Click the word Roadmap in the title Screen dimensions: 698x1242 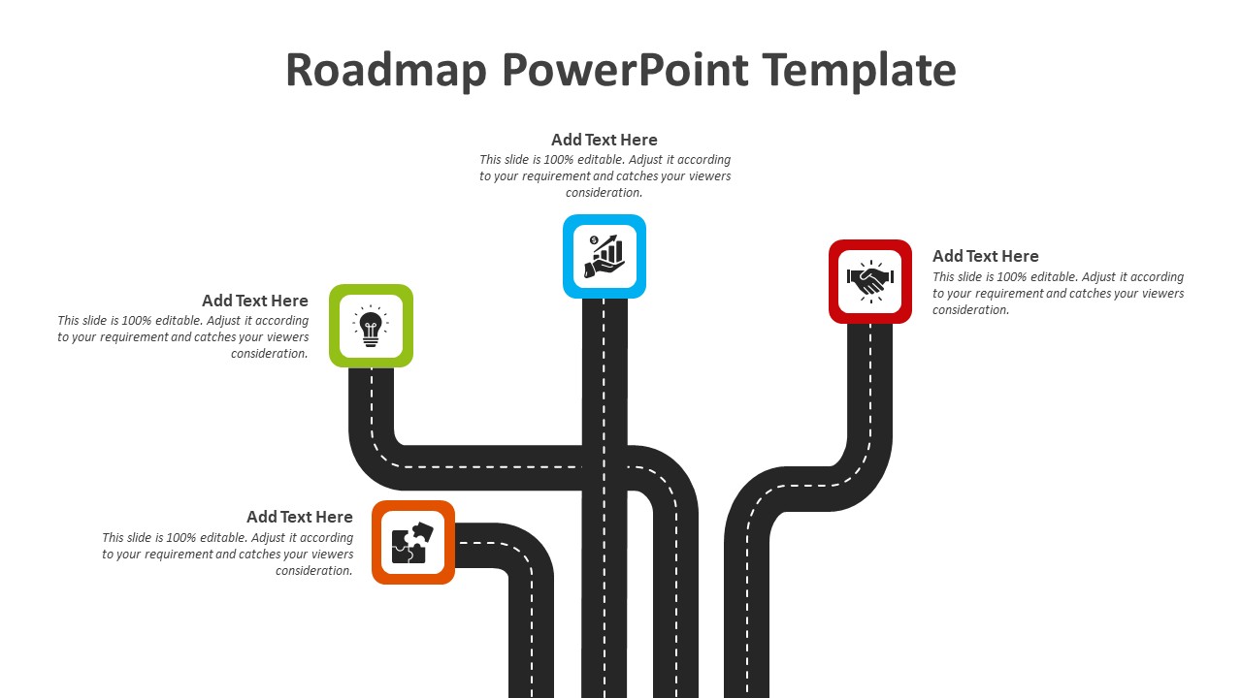click(x=384, y=71)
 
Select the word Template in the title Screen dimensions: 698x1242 click(x=859, y=71)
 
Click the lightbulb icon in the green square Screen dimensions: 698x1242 click(x=371, y=327)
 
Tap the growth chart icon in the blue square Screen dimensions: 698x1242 click(x=605, y=256)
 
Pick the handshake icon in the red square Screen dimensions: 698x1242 click(x=870, y=281)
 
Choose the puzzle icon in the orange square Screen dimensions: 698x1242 click(x=412, y=543)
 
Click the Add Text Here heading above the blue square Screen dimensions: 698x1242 click(x=604, y=140)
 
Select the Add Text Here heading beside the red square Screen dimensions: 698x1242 click(x=985, y=256)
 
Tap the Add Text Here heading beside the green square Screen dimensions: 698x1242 click(x=254, y=301)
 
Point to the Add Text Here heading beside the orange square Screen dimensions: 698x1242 click(x=299, y=517)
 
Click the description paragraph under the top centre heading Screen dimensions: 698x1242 click(x=605, y=176)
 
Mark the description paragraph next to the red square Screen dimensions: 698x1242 click(x=1058, y=294)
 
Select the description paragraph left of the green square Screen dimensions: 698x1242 click(x=183, y=337)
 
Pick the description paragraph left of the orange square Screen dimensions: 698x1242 click(x=228, y=555)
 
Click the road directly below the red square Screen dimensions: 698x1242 click(x=869, y=388)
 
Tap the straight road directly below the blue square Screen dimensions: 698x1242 click(x=605, y=368)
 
